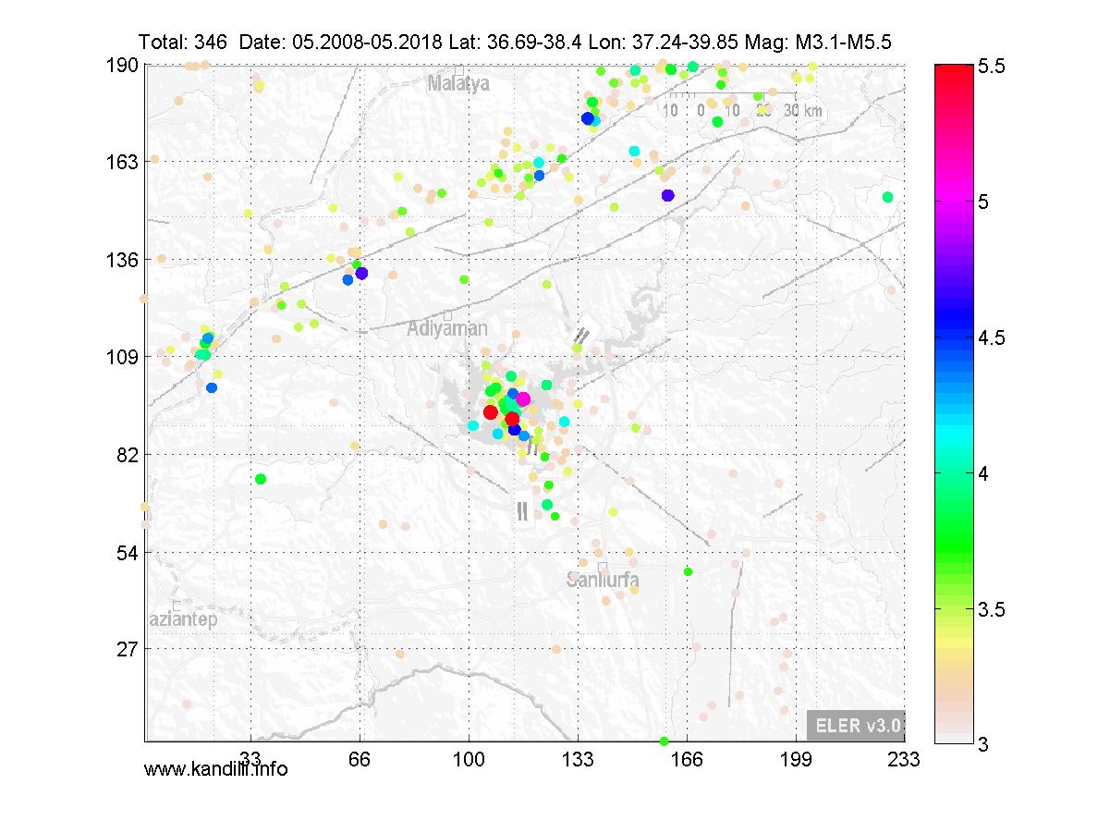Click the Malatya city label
(457, 84)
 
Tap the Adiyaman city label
(447, 328)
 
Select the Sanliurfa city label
(603, 581)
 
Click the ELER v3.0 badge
(855, 726)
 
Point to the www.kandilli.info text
(215, 768)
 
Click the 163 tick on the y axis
(123, 162)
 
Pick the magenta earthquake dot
(522, 399)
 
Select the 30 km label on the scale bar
(800, 111)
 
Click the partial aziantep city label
(182, 619)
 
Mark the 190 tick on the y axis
(123, 65)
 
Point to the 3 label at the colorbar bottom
(982, 744)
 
